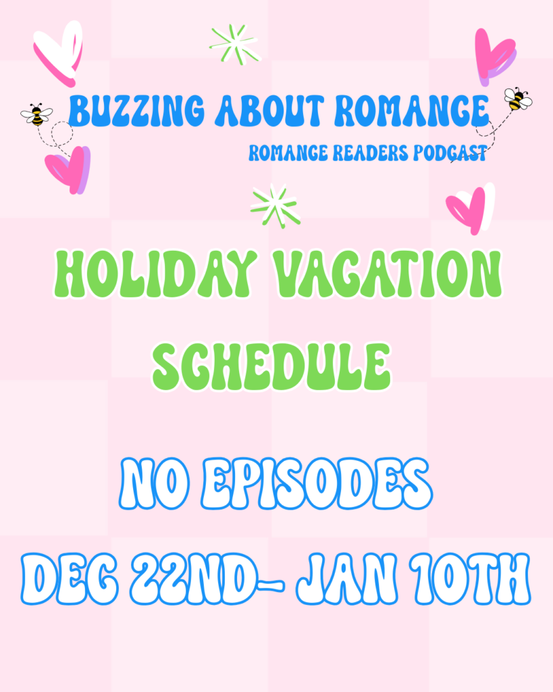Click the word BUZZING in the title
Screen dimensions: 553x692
tap(136, 110)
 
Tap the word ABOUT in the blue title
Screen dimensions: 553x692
tap(269, 110)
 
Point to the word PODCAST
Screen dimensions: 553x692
tap(450, 153)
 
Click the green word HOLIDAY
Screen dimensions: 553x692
tap(155, 274)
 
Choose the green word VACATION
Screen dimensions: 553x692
tap(387, 274)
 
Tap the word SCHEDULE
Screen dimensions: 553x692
tap(271, 367)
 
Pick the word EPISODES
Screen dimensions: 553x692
tap(317, 483)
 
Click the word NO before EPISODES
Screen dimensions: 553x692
tap(155, 483)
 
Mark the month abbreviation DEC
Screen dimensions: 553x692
tap(70, 578)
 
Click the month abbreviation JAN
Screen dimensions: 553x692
tap(346, 578)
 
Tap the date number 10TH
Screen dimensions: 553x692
tap(472, 578)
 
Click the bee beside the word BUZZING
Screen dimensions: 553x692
tap(36, 115)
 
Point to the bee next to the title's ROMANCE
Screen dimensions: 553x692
tap(518, 99)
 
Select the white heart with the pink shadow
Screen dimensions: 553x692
tap(59, 52)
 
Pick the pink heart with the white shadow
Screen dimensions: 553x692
tap(470, 209)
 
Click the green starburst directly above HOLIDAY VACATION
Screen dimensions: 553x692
tap(275, 205)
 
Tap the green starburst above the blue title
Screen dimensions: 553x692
tap(235, 45)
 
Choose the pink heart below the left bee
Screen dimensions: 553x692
tap(68, 170)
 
